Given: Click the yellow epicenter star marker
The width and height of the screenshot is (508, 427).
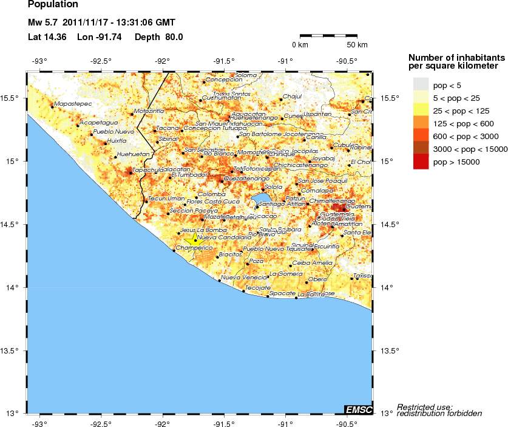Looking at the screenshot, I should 195,239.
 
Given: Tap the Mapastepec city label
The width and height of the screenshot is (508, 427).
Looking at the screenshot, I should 73,104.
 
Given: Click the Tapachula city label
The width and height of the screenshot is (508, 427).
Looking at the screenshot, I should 148,170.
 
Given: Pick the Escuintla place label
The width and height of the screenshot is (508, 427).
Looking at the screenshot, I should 327,246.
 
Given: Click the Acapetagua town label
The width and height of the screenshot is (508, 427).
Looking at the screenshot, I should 98,123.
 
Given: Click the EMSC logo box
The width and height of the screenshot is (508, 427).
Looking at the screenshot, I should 358,409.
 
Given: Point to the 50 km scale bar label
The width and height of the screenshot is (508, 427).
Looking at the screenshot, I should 357,45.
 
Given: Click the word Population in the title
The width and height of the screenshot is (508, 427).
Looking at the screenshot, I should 53,4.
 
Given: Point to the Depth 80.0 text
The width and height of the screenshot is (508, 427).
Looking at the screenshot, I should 158,36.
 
